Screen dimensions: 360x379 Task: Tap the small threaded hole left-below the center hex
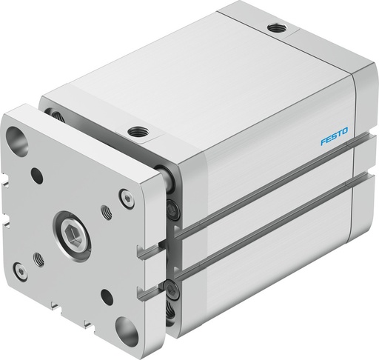click(x=38, y=259)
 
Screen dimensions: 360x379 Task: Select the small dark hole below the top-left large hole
click(x=35, y=176)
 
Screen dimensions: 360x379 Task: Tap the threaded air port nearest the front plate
click(x=138, y=132)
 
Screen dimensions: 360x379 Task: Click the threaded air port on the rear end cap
click(x=277, y=27)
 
